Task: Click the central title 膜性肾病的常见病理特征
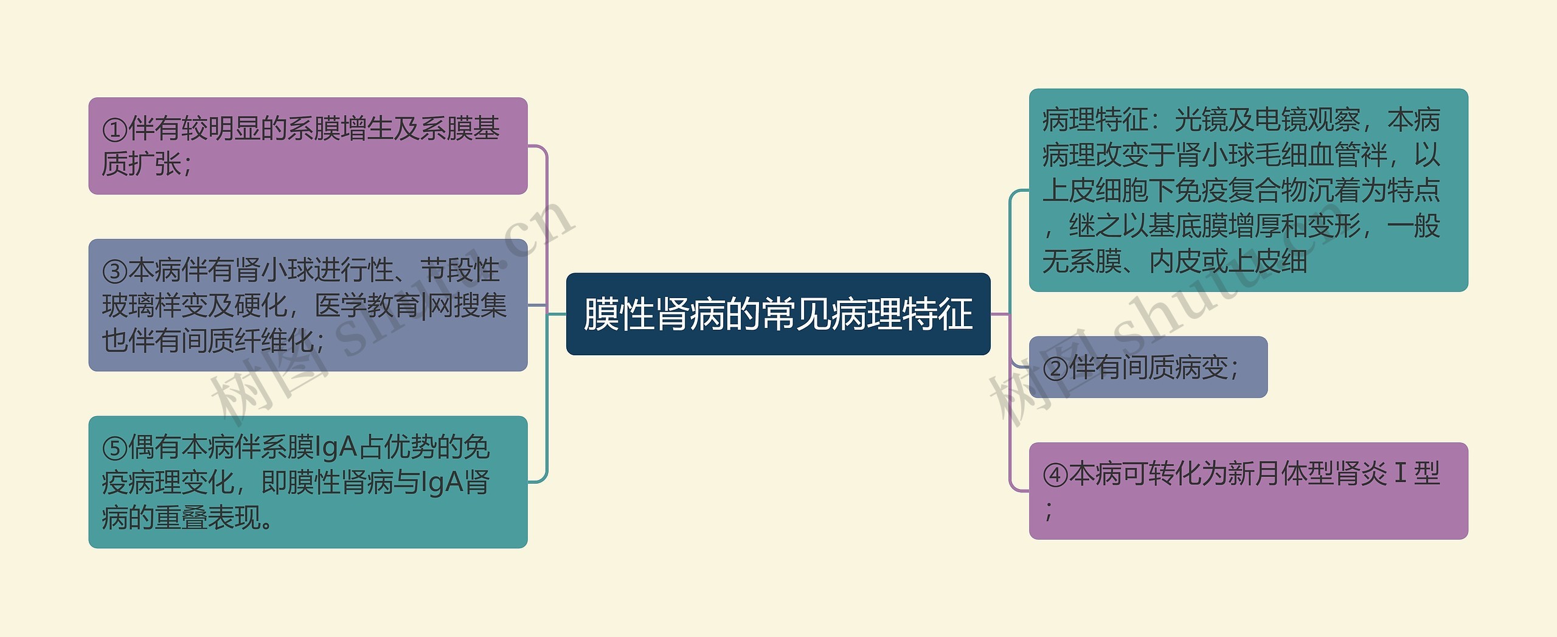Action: (x=778, y=314)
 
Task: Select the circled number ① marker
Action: (x=114, y=130)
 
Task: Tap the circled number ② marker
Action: (x=1055, y=369)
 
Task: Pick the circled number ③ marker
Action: (x=114, y=271)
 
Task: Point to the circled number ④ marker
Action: (x=1055, y=475)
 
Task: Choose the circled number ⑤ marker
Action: (x=114, y=448)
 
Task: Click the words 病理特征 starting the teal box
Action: (x=1094, y=120)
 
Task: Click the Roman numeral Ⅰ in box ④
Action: (x=1400, y=473)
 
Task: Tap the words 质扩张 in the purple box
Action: (x=140, y=164)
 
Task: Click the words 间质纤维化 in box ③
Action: (x=247, y=341)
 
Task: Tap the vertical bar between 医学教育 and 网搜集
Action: (x=423, y=305)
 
